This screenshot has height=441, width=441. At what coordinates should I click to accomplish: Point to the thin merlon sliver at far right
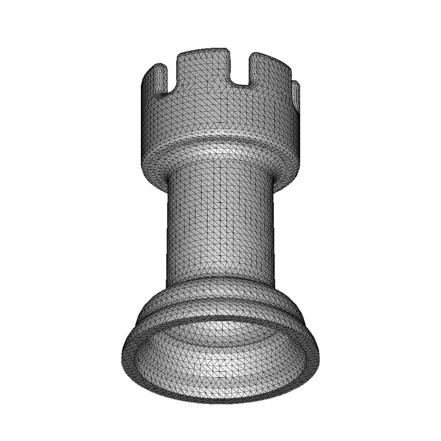pyautogui.click(x=295, y=95)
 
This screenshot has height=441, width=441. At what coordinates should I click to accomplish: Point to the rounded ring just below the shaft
pyautogui.click(x=220, y=286)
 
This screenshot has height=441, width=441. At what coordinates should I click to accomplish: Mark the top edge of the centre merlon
pyautogui.click(x=202, y=50)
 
